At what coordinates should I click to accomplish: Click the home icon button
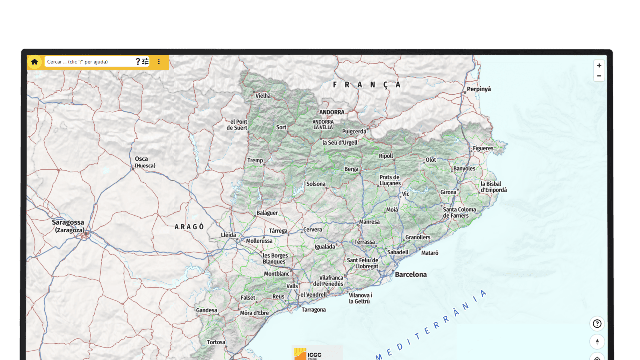pos(34,62)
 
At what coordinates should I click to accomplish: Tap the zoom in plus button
pos(599,65)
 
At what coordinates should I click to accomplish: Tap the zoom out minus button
pos(599,76)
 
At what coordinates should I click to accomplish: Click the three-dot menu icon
pos(159,62)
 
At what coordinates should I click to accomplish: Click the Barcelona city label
pos(411,274)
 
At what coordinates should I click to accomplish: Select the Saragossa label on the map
pos(68,222)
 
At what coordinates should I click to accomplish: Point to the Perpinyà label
pos(479,89)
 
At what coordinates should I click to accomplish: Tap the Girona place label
pos(448,192)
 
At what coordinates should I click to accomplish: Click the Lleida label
pos(228,235)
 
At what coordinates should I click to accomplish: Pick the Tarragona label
pos(314,310)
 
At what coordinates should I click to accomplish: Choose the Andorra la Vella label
pos(323,124)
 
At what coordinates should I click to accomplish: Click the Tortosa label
pos(216,342)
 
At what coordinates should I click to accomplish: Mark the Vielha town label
pos(263,96)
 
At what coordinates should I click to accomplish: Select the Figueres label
pos(483,148)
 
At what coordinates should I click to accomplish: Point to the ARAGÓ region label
pos(189,227)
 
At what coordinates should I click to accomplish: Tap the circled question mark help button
pos(597,324)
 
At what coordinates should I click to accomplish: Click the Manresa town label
pos(369,222)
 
